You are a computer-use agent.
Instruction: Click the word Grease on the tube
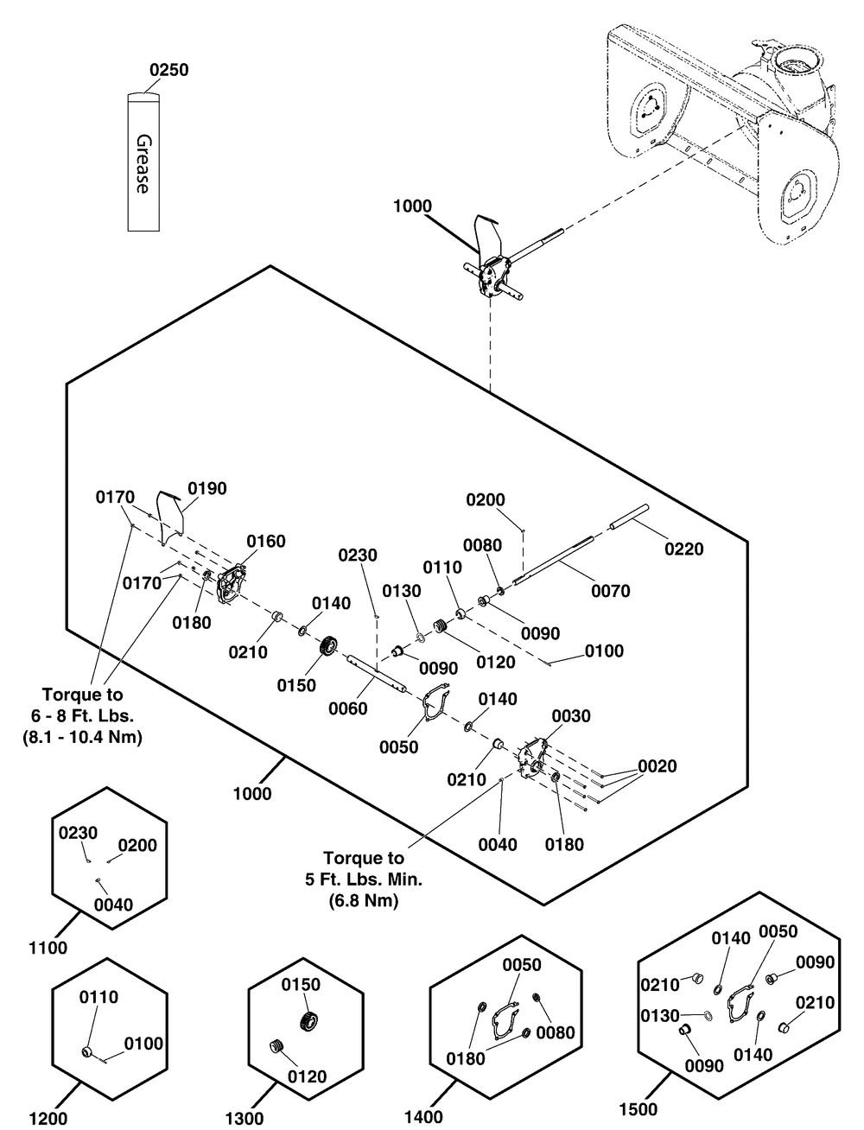click(143, 164)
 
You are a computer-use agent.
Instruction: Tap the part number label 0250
click(168, 70)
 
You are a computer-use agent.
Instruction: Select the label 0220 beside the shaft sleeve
click(683, 549)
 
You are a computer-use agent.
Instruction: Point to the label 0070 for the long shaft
click(611, 592)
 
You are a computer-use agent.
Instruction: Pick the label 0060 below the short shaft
click(348, 709)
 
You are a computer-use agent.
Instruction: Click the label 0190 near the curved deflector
click(207, 489)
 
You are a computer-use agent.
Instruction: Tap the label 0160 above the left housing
click(266, 542)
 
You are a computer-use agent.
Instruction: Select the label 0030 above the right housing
click(571, 716)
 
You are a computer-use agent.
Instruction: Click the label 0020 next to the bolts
click(658, 766)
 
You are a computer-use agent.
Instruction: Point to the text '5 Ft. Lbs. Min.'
click(364, 879)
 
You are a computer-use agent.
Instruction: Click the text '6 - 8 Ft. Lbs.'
click(82, 716)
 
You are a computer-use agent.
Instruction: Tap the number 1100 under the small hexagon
click(48, 948)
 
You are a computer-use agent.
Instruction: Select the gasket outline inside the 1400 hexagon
click(505, 1018)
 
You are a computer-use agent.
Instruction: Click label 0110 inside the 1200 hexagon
click(98, 997)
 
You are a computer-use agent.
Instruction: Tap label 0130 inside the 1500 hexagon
click(660, 1016)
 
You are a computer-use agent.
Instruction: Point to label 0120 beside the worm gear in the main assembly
click(495, 662)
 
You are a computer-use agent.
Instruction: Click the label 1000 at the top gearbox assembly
click(412, 206)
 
